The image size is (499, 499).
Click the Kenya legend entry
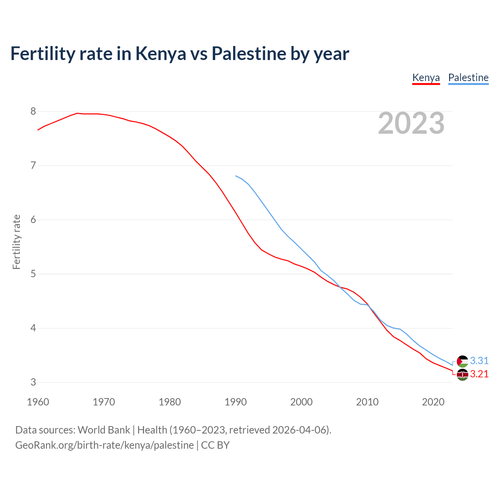pos(426,78)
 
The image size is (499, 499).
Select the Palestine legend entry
pos(468,78)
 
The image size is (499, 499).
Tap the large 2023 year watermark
pos(411,123)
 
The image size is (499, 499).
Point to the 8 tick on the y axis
pos(33,111)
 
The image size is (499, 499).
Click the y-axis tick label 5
pos(33,274)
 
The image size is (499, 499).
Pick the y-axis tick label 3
pos(33,382)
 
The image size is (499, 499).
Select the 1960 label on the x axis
pos(38,402)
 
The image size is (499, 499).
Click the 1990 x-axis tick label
pos(235,402)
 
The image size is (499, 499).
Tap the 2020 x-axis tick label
pos(433,402)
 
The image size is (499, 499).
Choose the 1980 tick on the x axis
pos(170,402)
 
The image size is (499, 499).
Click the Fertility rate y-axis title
pos(16,242)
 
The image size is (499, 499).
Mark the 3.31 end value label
pos(479,361)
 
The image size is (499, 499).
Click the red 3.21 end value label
pos(479,374)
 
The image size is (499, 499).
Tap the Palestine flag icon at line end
pos(462,361)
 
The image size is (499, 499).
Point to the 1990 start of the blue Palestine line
pos(236,176)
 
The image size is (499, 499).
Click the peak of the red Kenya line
pos(77,113)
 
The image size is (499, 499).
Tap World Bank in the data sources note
pos(104,430)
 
